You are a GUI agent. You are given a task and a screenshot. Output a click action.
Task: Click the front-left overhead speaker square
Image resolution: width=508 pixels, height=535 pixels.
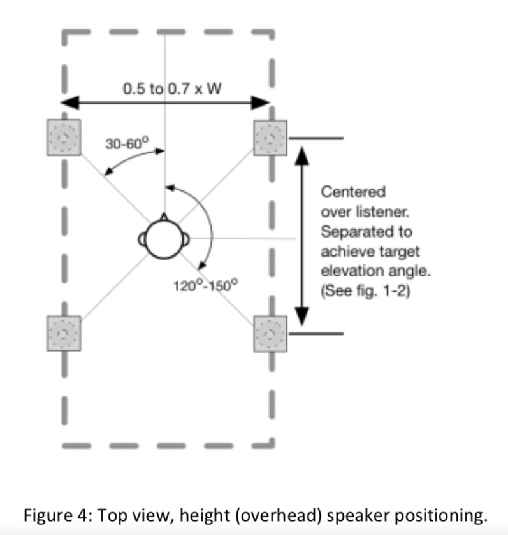(63, 138)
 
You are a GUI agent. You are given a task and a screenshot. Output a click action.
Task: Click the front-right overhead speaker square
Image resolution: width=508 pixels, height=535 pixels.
(271, 138)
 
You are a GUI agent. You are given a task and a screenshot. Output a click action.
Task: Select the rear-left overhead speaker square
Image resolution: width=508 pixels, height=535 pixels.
(63, 332)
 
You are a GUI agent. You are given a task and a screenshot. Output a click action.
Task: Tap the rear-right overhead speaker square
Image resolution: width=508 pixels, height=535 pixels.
(271, 332)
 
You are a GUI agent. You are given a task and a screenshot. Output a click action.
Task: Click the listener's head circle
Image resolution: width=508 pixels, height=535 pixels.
(164, 239)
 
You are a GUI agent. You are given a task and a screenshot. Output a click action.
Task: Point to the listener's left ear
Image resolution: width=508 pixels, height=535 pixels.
(142, 239)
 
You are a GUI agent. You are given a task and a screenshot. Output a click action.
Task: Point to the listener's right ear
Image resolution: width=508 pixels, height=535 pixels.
(187, 239)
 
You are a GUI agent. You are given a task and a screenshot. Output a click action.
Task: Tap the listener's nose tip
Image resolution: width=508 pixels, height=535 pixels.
(164, 217)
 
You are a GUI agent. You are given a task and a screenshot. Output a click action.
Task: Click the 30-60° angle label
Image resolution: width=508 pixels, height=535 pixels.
(126, 143)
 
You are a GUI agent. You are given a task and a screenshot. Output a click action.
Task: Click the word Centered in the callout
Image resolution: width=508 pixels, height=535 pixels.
(353, 192)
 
